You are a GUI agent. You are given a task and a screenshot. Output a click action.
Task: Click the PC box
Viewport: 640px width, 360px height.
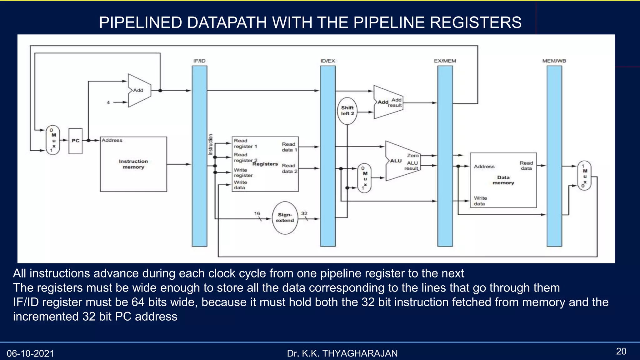point(75,141)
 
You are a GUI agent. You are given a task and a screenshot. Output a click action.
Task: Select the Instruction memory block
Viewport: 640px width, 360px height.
point(133,164)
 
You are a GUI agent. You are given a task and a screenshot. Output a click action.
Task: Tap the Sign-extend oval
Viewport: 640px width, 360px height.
point(285,218)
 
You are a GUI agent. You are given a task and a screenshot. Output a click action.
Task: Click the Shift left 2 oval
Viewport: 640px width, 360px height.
point(347,111)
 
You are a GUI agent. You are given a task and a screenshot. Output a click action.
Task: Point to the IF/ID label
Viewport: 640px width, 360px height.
point(199,61)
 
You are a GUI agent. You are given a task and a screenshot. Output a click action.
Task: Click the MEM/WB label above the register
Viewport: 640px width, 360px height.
point(554,61)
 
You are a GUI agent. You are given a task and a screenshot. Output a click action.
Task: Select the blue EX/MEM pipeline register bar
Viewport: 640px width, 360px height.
point(445,156)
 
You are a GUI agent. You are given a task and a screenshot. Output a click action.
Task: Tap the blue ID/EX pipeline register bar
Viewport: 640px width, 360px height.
point(327,156)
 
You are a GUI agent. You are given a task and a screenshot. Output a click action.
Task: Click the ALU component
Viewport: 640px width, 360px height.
point(402,161)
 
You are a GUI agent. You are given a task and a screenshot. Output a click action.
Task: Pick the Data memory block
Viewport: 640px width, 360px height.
point(503,180)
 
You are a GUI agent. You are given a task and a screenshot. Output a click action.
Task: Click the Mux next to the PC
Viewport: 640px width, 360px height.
point(53,140)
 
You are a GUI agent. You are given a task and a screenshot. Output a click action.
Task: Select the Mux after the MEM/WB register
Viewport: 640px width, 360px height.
point(584,176)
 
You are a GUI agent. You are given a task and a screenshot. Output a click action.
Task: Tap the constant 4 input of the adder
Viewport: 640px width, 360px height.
point(108,102)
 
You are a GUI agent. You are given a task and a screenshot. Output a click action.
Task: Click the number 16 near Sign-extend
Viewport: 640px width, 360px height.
point(257,213)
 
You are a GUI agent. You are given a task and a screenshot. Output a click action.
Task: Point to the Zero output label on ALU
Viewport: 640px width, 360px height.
point(412,156)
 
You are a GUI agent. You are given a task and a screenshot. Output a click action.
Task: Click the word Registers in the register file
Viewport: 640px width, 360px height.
point(265,164)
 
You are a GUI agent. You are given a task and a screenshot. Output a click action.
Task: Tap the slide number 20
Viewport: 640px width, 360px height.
point(621,351)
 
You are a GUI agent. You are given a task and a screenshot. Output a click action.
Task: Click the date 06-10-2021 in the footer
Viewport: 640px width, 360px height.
point(30,353)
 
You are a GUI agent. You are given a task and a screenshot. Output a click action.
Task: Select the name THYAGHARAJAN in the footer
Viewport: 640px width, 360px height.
point(360,353)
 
